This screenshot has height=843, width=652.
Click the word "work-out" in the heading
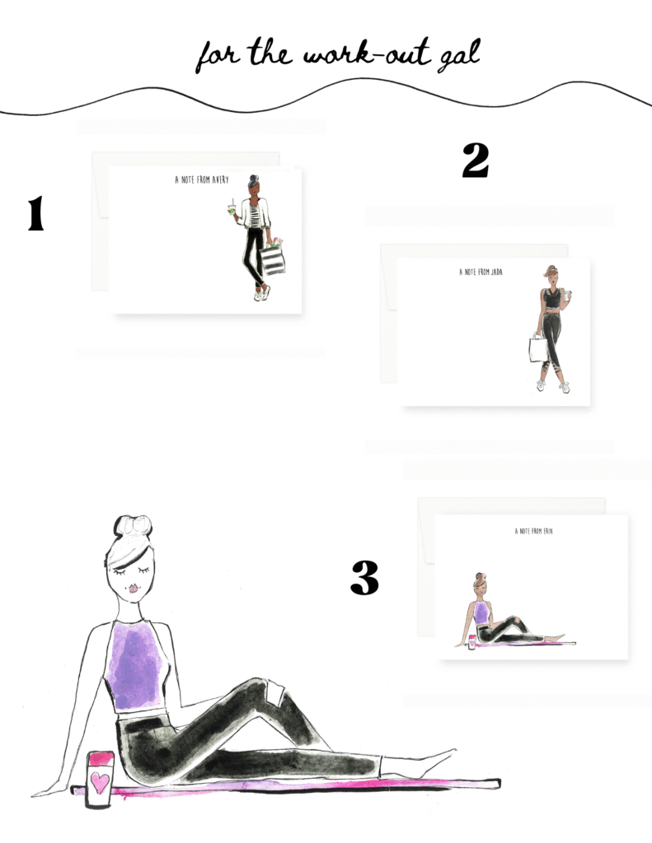pyautogui.click(x=367, y=54)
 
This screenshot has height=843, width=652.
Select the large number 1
pyautogui.click(x=36, y=213)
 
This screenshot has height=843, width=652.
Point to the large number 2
pyautogui.click(x=476, y=161)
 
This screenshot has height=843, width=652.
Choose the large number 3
pyautogui.click(x=364, y=577)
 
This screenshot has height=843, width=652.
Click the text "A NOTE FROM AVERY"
pyautogui.click(x=202, y=179)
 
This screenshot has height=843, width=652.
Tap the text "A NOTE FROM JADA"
pyautogui.click(x=481, y=272)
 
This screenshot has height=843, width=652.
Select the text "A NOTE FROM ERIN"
pyautogui.click(x=533, y=531)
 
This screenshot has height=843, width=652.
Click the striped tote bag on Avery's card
pyautogui.click(x=273, y=258)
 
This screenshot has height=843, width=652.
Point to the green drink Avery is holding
pyautogui.click(x=232, y=208)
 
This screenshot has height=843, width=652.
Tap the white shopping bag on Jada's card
pyautogui.click(x=538, y=348)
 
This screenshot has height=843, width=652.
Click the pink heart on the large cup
pyautogui.click(x=100, y=783)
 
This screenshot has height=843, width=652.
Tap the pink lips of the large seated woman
pyautogui.click(x=133, y=588)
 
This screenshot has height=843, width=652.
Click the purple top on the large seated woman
pyautogui.click(x=137, y=664)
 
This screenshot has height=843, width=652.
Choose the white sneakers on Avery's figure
pyautogui.click(x=261, y=293)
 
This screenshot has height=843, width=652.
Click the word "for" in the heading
pyautogui.click(x=218, y=56)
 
